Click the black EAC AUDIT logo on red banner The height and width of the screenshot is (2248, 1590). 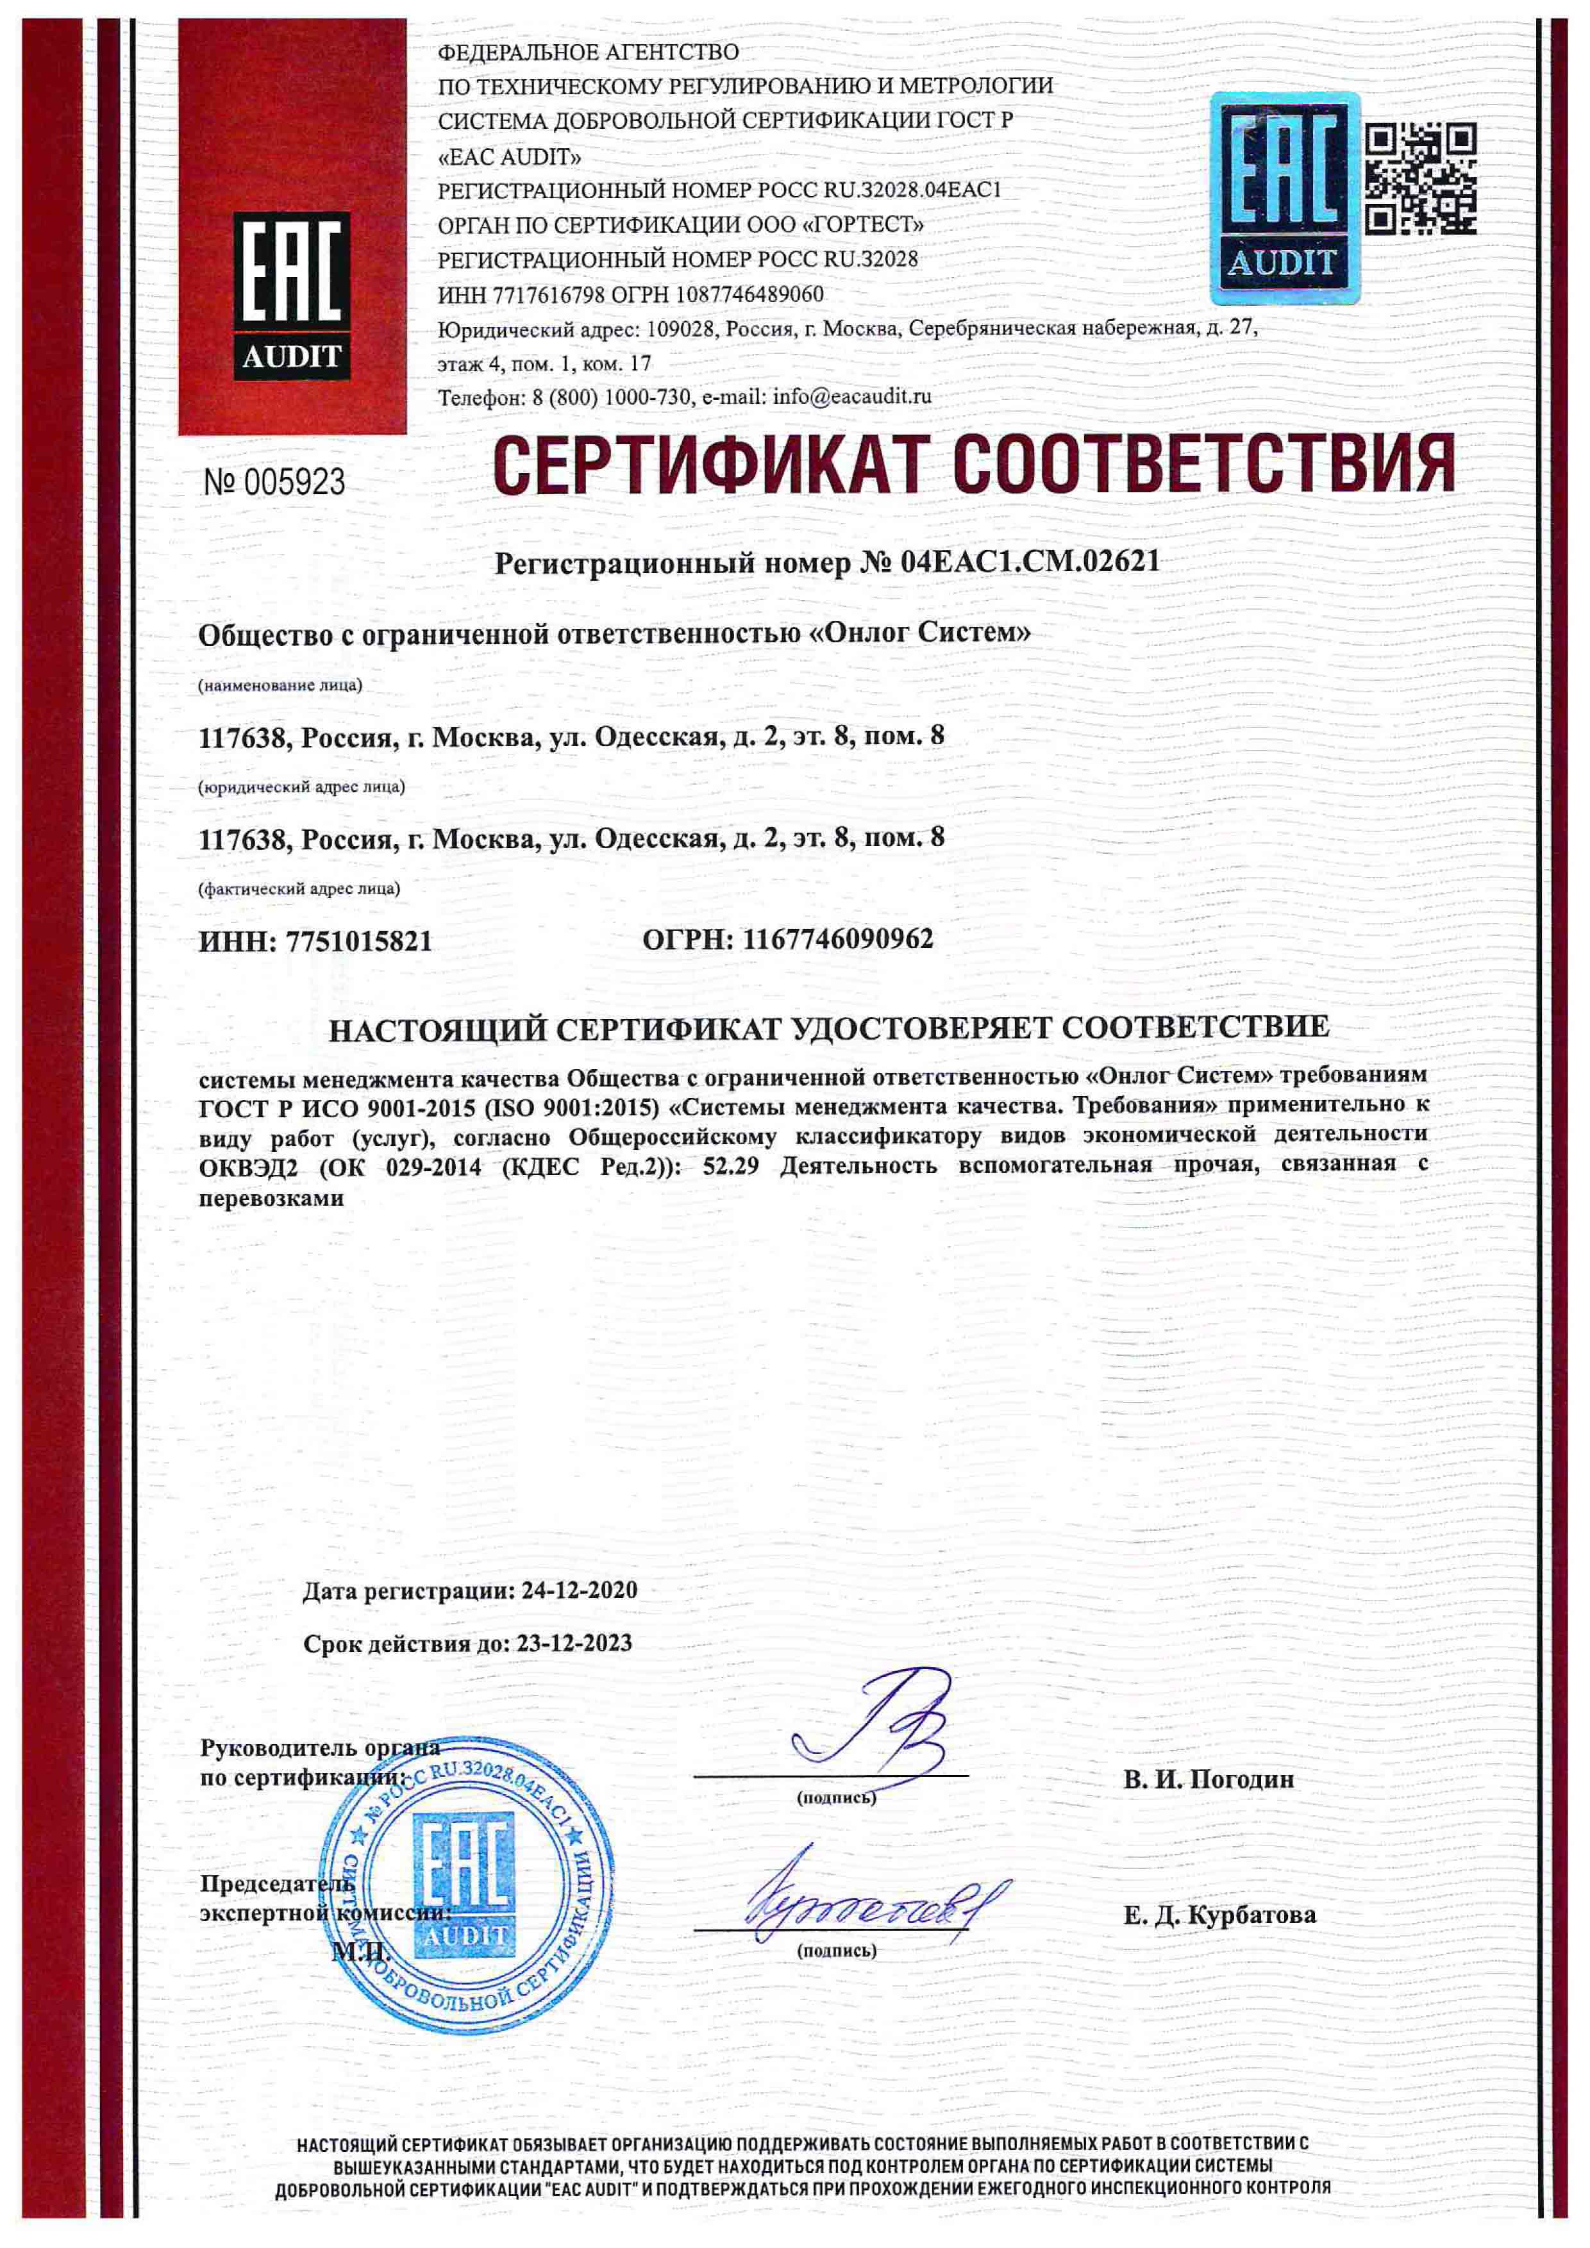click(292, 296)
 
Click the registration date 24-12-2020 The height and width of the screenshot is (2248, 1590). click(580, 1590)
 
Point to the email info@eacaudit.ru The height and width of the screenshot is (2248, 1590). click(852, 397)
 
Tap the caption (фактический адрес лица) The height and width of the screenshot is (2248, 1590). click(299, 889)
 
